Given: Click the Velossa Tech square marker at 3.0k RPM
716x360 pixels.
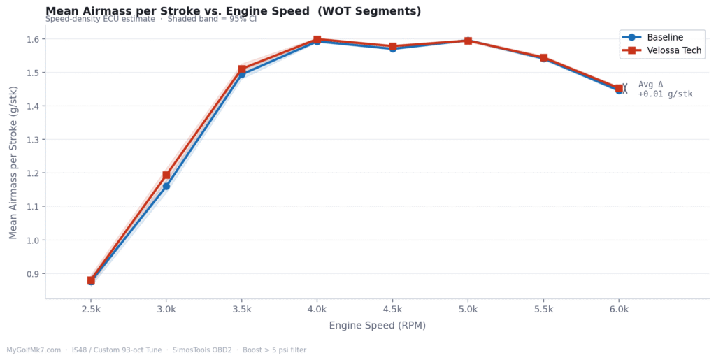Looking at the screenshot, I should click(166, 175).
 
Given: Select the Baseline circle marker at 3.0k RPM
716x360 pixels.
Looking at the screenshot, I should click(166, 186).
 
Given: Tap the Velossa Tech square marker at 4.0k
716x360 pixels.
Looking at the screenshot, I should click(317, 40).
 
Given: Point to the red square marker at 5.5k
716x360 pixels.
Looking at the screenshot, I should click(543, 58).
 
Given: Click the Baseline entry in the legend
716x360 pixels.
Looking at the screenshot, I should click(664, 37).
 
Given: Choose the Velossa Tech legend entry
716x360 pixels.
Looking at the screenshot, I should click(674, 51).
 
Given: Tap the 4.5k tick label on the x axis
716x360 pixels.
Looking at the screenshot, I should click(392, 309).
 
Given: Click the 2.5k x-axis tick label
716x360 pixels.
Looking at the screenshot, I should click(91, 309).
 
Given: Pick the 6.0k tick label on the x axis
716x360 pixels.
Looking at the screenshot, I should click(619, 309).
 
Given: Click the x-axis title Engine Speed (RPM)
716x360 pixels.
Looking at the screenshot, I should click(377, 326).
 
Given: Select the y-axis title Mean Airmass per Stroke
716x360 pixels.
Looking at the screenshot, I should click(14, 162).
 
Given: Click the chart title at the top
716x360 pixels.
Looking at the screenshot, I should click(233, 11).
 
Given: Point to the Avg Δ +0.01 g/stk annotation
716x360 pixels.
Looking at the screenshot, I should click(664, 89).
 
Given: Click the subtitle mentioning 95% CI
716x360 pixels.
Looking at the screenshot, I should click(150, 19).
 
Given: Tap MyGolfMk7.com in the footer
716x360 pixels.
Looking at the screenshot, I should click(34, 350).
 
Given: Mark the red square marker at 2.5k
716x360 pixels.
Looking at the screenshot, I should click(91, 280).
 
